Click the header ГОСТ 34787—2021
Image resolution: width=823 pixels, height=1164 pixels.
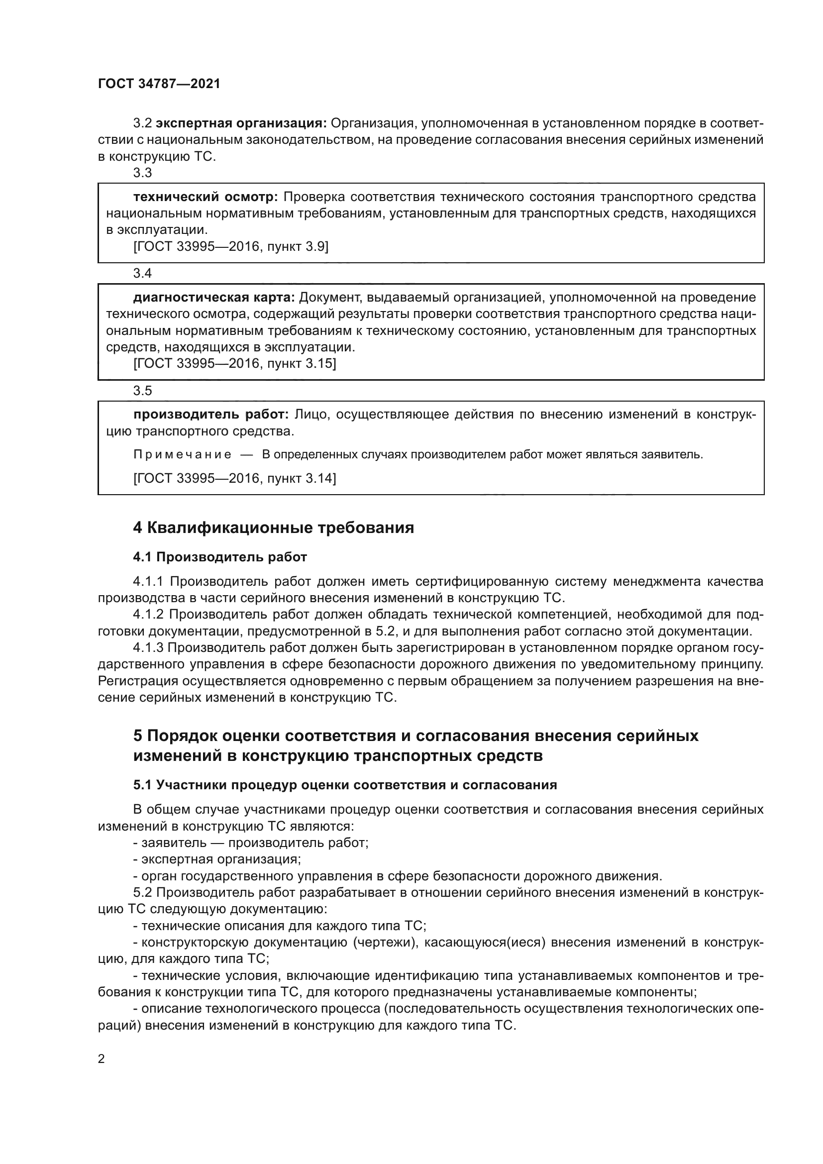tap(159, 84)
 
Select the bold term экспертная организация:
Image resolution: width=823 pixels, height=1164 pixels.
tap(241, 123)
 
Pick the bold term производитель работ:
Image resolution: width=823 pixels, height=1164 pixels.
tap(211, 415)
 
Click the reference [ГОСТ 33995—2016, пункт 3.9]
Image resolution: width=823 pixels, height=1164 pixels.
tap(230, 247)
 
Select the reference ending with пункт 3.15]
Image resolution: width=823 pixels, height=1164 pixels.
tap(234, 363)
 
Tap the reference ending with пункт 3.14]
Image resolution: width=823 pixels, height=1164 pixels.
tap(234, 478)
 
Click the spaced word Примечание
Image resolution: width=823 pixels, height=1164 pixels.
tap(183, 455)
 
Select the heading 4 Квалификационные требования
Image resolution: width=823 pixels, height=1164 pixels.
tap(273, 528)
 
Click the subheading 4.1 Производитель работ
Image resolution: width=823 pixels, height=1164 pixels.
tap(220, 557)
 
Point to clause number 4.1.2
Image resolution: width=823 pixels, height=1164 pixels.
tap(148, 615)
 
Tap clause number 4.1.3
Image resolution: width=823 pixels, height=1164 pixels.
tap(148, 648)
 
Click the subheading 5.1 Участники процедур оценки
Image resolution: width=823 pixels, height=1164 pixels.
tap(345, 785)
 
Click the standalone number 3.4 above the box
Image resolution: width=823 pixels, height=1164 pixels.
tap(142, 274)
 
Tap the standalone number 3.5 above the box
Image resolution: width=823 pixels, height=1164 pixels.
tap(142, 391)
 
